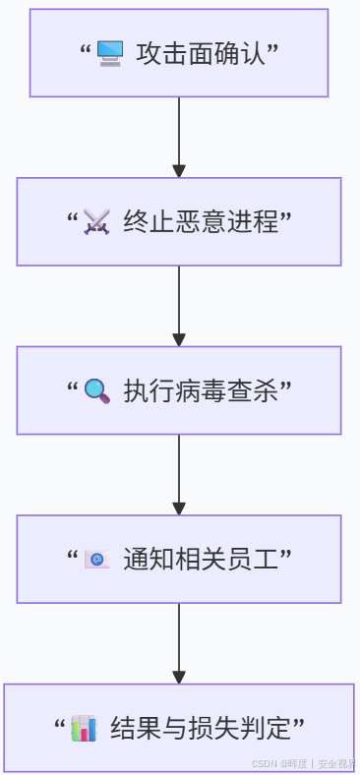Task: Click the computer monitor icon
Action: tap(109, 53)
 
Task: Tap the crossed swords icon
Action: tap(96, 222)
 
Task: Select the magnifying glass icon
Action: tap(96, 391)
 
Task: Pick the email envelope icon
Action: tap(96, 560)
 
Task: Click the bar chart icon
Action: tap(84, 729)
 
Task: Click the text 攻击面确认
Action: tap(201, 53)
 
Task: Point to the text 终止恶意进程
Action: tap(201, 222)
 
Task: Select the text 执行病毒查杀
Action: tap(201, 391)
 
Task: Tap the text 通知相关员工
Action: tap(201, 560)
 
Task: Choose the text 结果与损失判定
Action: tap(201, 729)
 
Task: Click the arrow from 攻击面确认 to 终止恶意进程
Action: tap(179, 138)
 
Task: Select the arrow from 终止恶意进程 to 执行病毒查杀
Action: tap(179, 307)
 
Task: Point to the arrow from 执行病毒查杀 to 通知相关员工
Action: tap(179, 475)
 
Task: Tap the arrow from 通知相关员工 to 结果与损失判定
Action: tap(179, 643)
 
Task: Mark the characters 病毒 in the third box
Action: tap(201, 391)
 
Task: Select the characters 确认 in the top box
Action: tap(240, 53)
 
